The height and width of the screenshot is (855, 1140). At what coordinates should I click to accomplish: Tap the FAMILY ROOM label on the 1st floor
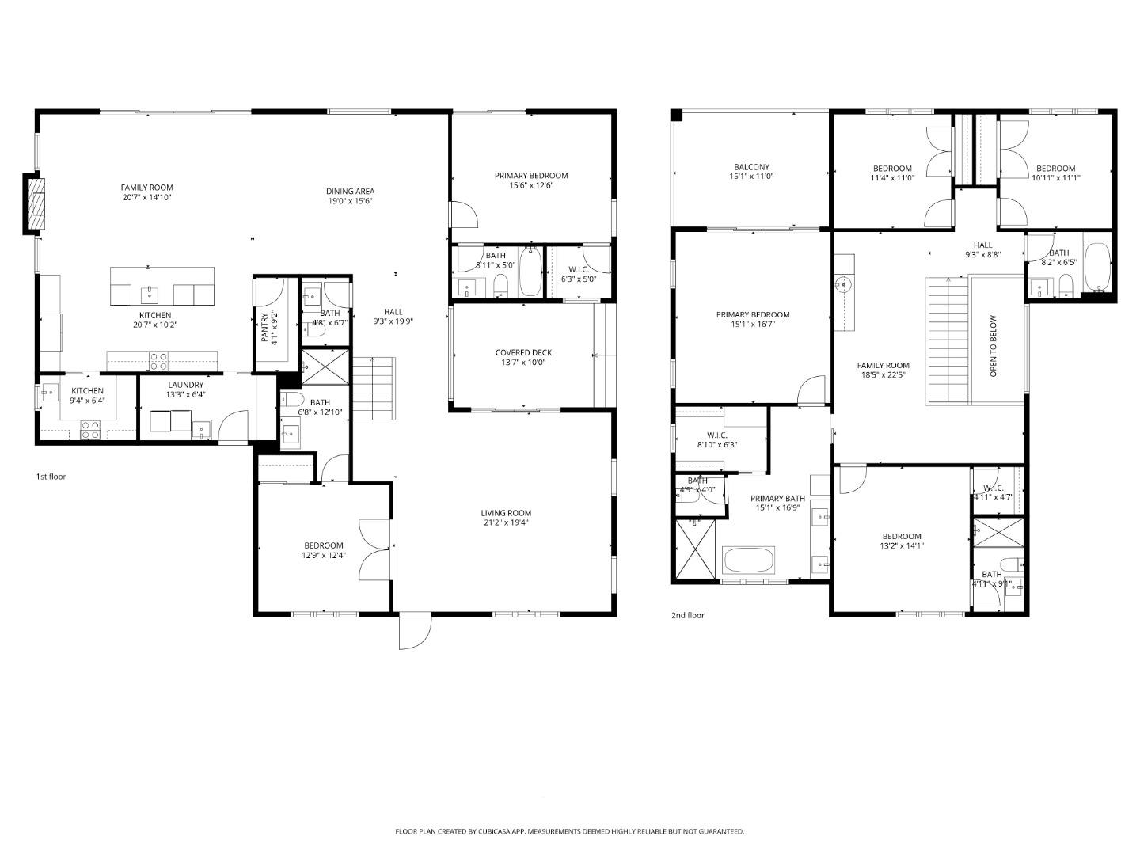pyautogui.click(x=146, y=188)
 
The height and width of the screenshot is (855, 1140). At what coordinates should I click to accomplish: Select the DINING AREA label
pyautogui.click(x=350, y=191)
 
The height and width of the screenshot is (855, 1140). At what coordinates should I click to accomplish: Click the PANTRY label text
pyautogui.click(x=265, y=326)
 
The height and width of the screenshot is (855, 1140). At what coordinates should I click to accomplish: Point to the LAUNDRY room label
pyautogui.click(x=185, y=385)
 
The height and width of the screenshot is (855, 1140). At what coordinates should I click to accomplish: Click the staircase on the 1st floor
pyautogui.click(x=373, y=389)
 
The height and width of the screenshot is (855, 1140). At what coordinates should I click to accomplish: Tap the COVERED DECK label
pyautogui.click(x=523, y=352)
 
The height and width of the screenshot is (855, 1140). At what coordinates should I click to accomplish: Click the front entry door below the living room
pyautogui.click(x=414, y=631)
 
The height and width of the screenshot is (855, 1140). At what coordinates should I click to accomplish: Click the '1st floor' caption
pyautogui.click(x=51, y=477)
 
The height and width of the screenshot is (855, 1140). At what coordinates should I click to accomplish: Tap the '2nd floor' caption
pyautogui.click(x=687, y=615)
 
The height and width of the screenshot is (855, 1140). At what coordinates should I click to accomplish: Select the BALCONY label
pyautogui.click(x=751, y=167)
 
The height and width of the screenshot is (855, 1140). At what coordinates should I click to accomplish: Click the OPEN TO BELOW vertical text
pyautogui.click(x=994, y=346)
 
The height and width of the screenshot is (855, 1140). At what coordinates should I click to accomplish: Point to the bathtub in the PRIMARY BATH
pyautogui.click(x=748, y=560)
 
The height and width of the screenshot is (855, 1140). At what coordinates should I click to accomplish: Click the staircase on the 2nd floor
pyautogui.click(x=947, y=340)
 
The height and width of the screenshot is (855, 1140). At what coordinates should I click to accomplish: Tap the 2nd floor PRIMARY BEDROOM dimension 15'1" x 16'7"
pyautogui.click(x=752, y=325)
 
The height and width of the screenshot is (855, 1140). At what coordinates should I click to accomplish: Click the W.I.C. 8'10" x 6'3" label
pyautogui.click(x=716, y=440)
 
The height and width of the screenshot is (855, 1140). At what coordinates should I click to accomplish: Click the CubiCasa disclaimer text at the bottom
pyautogui.click(x=569, y=831)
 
